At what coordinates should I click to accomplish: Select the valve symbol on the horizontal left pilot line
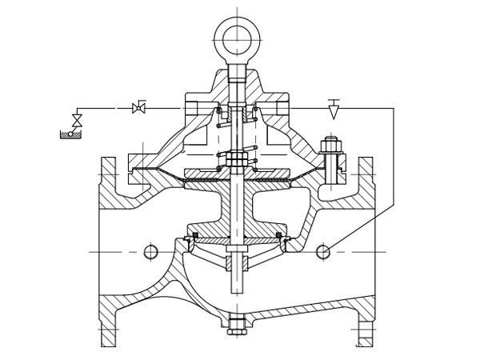138,108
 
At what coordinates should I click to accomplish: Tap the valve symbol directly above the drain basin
77,121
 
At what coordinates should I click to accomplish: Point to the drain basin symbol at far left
70,134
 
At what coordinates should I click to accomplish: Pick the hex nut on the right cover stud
330,146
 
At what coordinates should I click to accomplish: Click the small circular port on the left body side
151,252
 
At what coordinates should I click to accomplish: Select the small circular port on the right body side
322,252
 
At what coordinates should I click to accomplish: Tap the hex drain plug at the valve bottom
236,327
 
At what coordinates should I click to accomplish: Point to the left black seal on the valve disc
195,234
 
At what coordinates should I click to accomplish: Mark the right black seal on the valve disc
279,234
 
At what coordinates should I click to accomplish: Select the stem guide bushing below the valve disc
237,261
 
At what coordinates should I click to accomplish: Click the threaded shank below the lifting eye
237,76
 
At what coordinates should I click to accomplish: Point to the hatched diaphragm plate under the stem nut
237,173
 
